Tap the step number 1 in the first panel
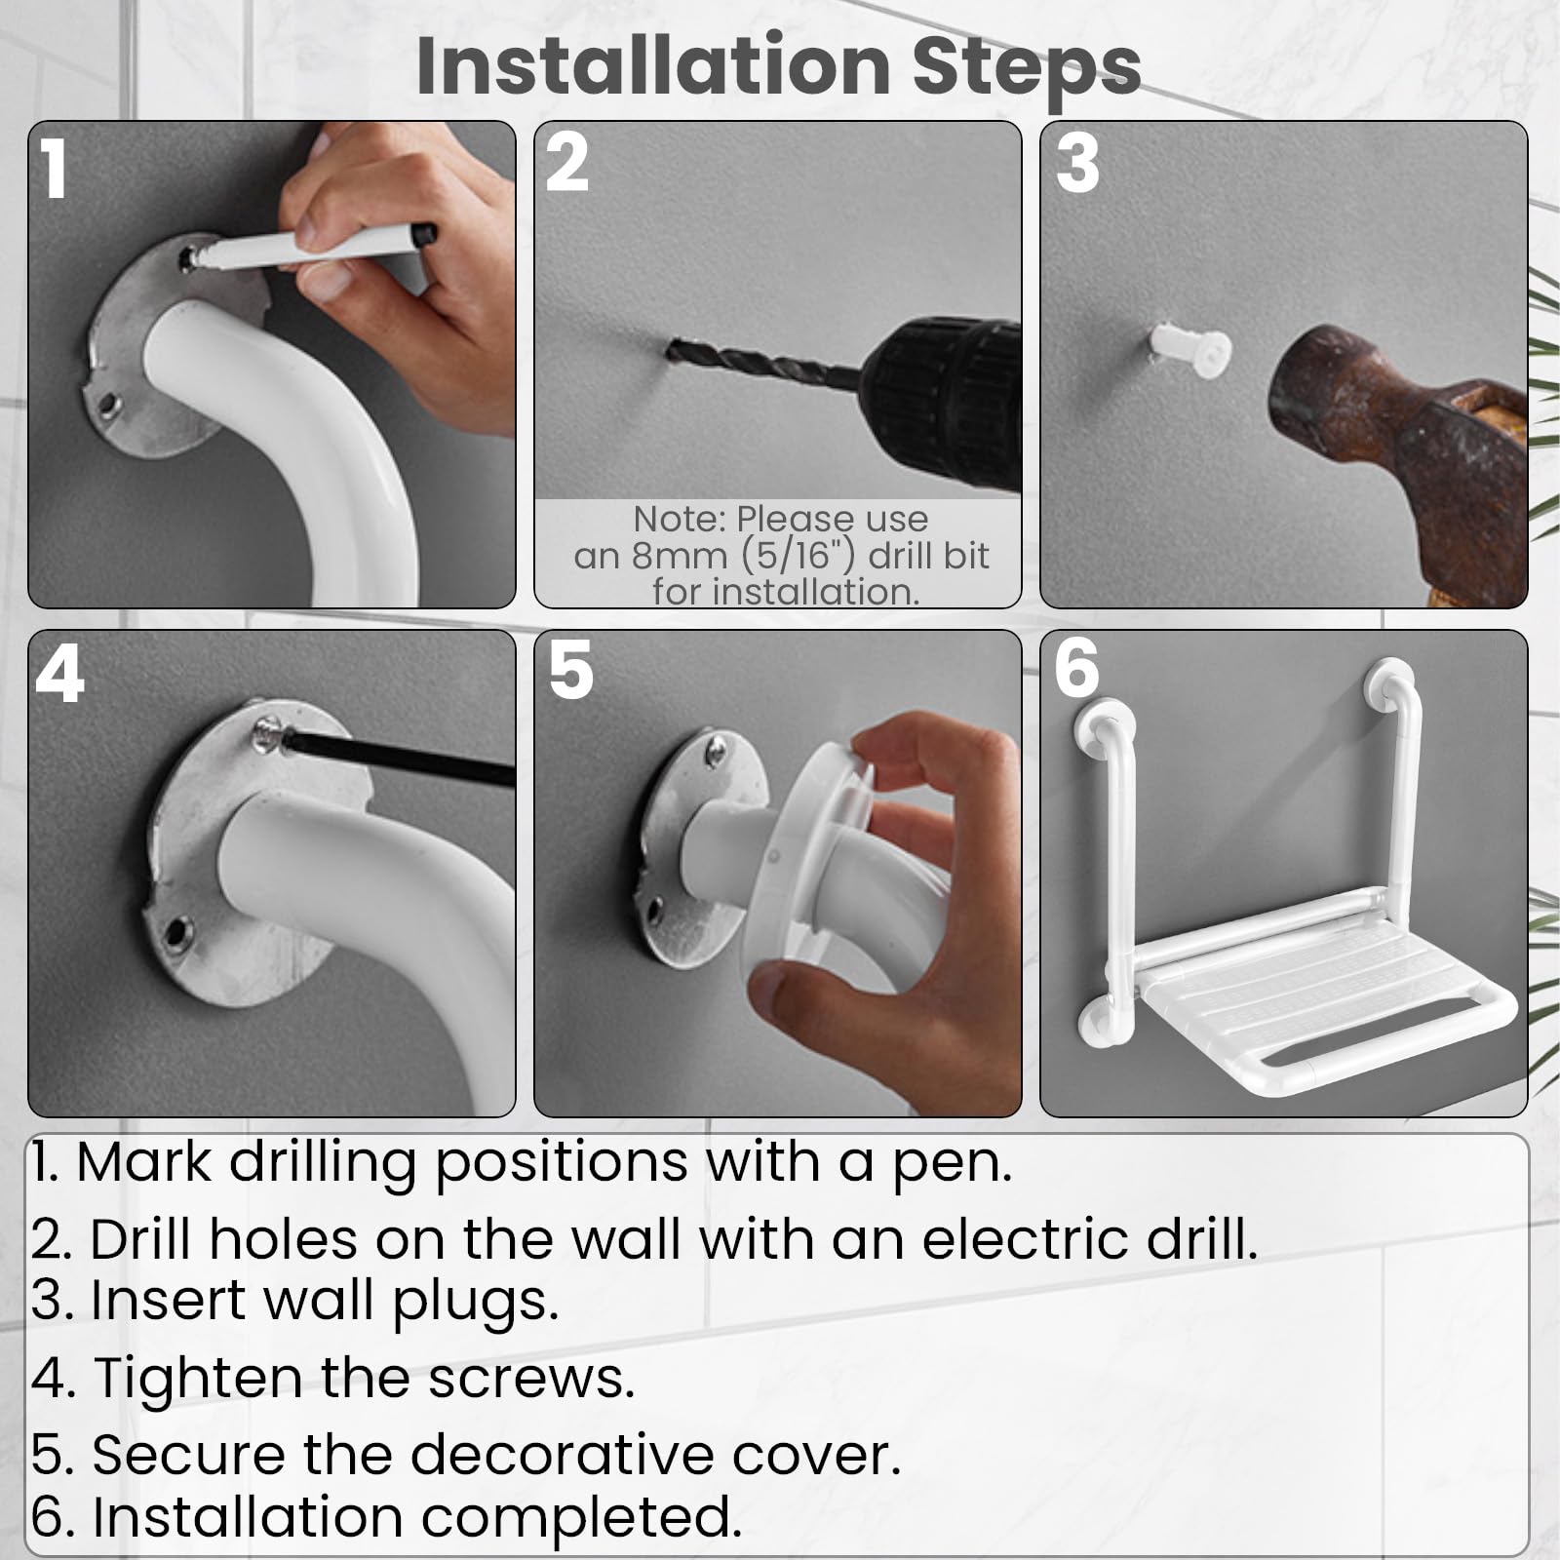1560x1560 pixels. pyautogui.click(x=55, y=169)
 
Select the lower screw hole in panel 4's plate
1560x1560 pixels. pyautogui.click(x=175, y=930)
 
